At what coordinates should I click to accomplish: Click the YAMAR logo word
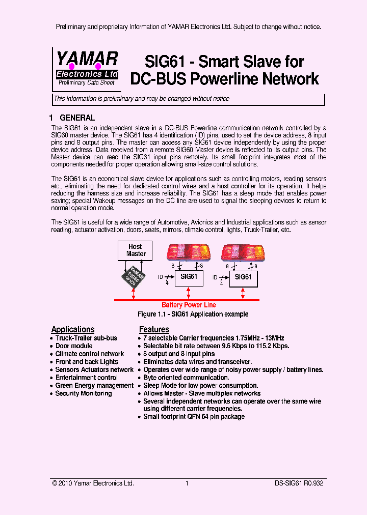[87, 59]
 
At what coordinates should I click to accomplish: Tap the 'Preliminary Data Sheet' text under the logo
[86, 82]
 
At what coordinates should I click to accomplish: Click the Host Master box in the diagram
[136, 250]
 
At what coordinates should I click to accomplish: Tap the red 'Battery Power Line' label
[189, 305]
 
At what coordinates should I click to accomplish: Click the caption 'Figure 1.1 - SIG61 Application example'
[193, 314]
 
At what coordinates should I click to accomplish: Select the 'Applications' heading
[73, 329]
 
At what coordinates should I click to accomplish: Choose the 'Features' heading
[154, 329]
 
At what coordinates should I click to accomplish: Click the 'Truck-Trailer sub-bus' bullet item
[86, 338]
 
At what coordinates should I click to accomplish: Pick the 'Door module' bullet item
[74, 346]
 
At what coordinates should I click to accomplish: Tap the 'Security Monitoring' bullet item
[83, 393]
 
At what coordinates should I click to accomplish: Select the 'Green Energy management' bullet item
[94, 386]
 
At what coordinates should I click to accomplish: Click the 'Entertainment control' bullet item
[86, 378]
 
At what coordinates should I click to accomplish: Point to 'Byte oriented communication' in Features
[186, 378]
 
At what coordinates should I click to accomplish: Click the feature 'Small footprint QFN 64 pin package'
[194, 417]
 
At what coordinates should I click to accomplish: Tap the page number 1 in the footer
[187, 483]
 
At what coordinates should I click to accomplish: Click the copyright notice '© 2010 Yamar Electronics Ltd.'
[93, 483]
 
